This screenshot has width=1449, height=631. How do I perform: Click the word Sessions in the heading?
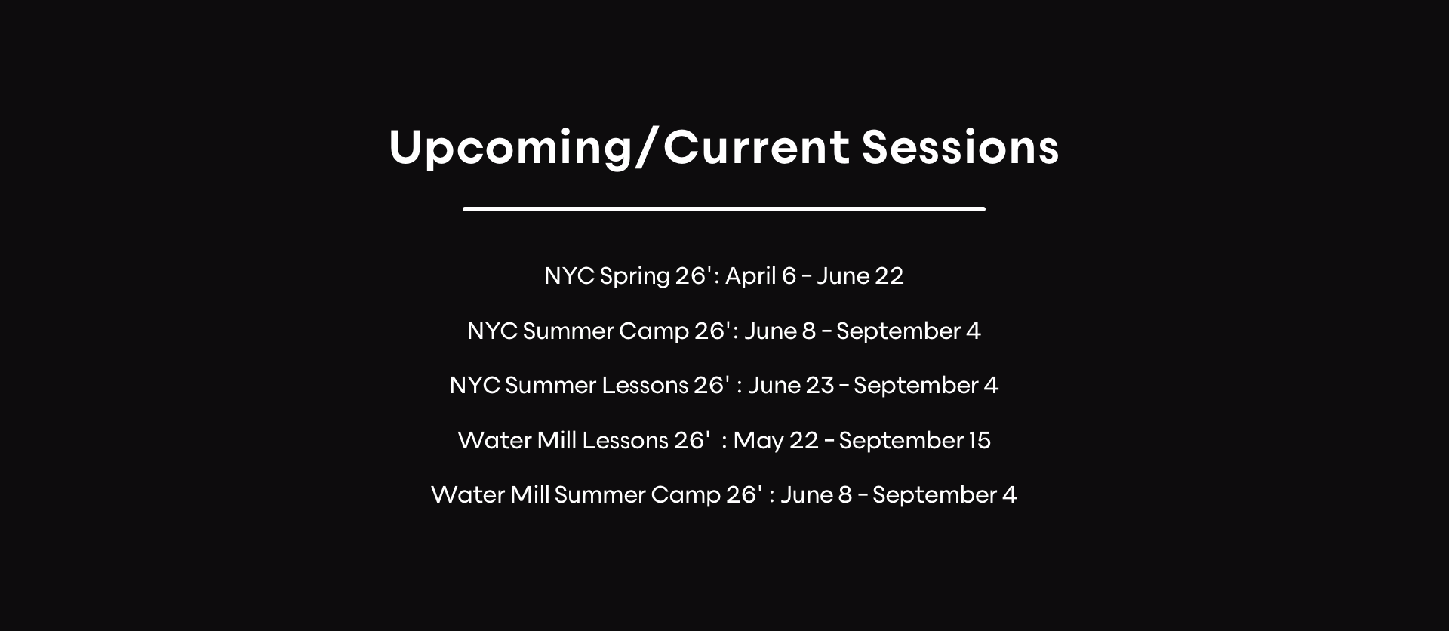(960, 146)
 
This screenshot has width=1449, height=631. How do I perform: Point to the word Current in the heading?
(756, 146)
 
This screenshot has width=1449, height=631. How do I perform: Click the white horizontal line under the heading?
(724, 209)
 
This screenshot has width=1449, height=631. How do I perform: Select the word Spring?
(635, 277)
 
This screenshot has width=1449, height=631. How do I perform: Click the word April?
(752, 277)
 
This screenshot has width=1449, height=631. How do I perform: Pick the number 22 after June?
(890, 276)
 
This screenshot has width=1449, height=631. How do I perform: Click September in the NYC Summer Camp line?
(898, 332)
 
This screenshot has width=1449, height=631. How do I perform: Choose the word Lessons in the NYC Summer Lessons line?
(645, 386)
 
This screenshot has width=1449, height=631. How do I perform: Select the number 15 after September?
(979, 441)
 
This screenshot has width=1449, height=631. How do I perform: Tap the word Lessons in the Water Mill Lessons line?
(626, 441)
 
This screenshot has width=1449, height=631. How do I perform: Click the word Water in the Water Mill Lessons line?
(494, 441)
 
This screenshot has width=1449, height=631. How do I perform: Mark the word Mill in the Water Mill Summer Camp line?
(530, 495)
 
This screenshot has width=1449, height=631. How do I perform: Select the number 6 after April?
(789, 276)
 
